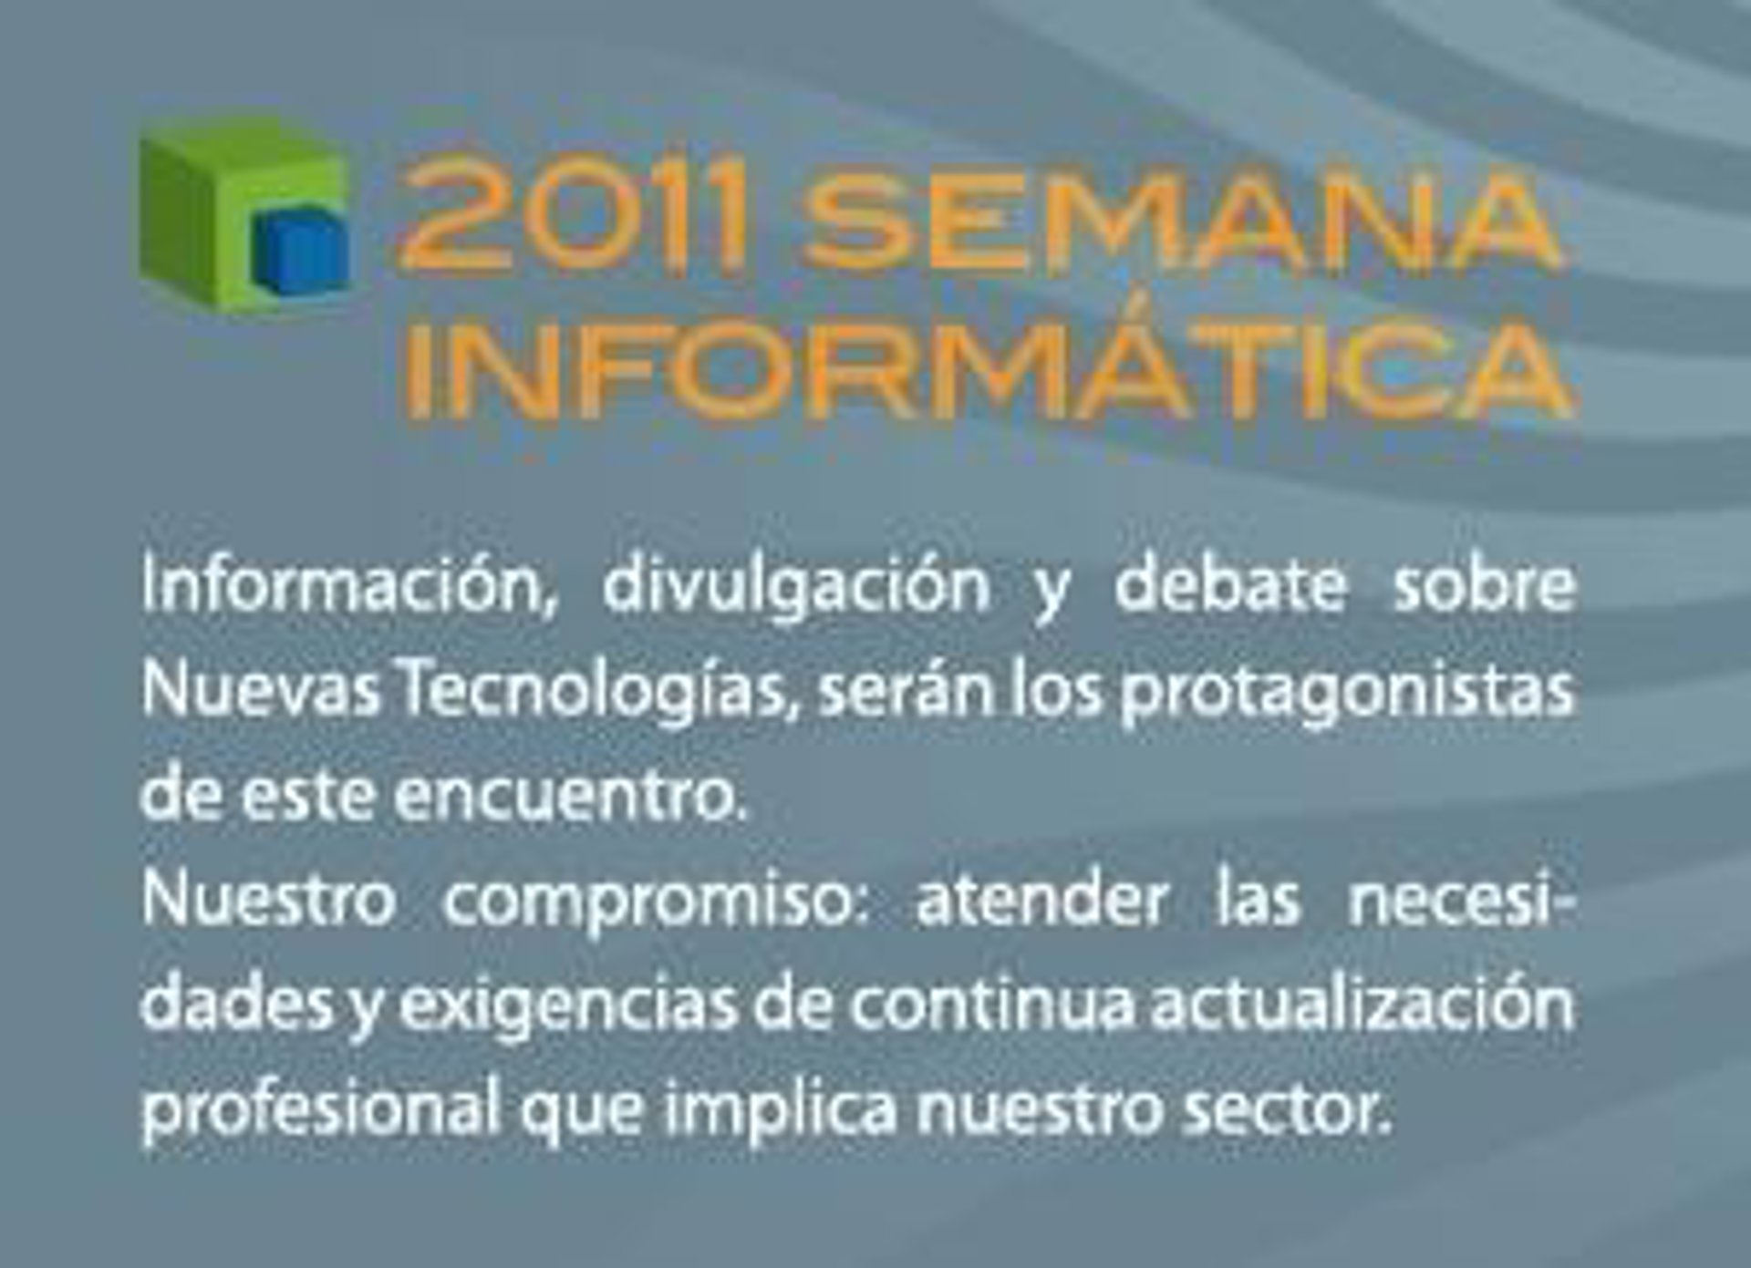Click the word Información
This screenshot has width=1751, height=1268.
pos(349,587)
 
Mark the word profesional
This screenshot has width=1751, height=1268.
pos(322,1108)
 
